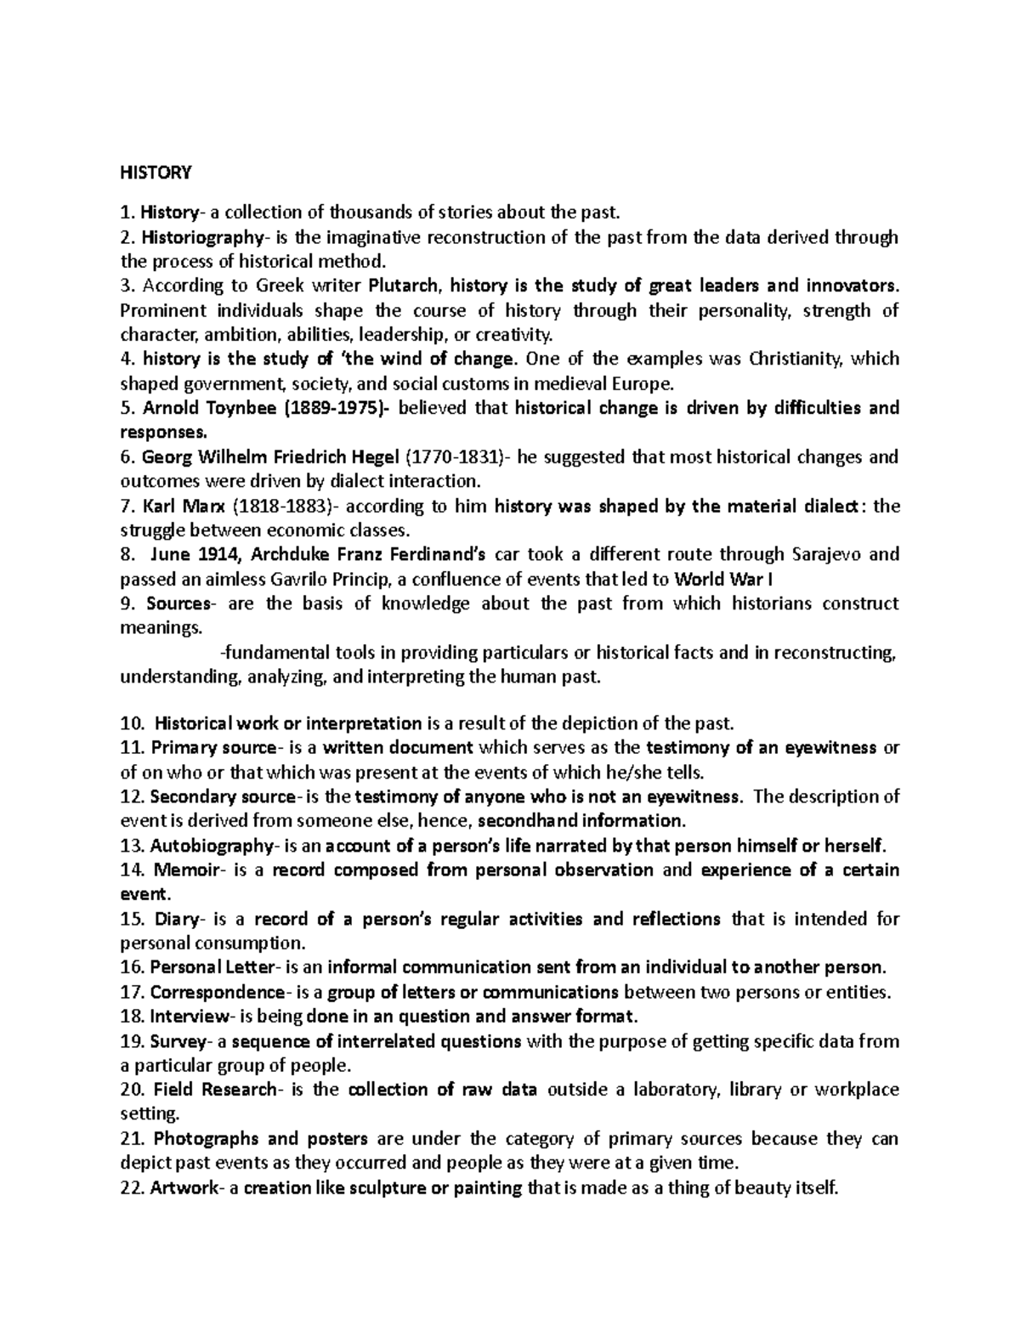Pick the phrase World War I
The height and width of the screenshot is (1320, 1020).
tap(723, 580)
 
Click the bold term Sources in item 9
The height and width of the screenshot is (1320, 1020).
tap(177, 604)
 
